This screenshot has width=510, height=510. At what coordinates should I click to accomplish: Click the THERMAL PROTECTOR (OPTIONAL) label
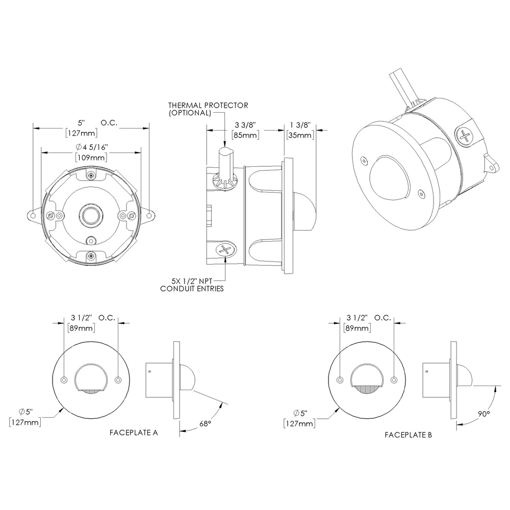[x=208, y=109]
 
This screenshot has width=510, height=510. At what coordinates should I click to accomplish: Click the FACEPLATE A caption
[x=134, y=432]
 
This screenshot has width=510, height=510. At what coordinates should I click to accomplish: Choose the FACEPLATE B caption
[x=409, y=435]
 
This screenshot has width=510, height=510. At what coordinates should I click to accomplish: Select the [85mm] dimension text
[x=245, y=135]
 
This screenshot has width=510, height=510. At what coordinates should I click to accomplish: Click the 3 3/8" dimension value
[x=245, y=125]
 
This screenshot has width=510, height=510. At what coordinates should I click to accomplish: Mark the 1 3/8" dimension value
[x=300, y=125]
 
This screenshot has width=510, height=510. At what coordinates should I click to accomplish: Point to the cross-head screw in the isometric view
[x=465, y=136]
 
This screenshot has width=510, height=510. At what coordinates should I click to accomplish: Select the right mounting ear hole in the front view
[x=149, y=216]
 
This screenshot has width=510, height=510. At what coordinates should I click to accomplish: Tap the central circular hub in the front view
[x=91, y=216]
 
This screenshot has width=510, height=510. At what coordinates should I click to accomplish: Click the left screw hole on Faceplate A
[x=64, y=380]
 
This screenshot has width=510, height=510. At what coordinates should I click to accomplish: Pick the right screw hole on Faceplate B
[x=394, y=380]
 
